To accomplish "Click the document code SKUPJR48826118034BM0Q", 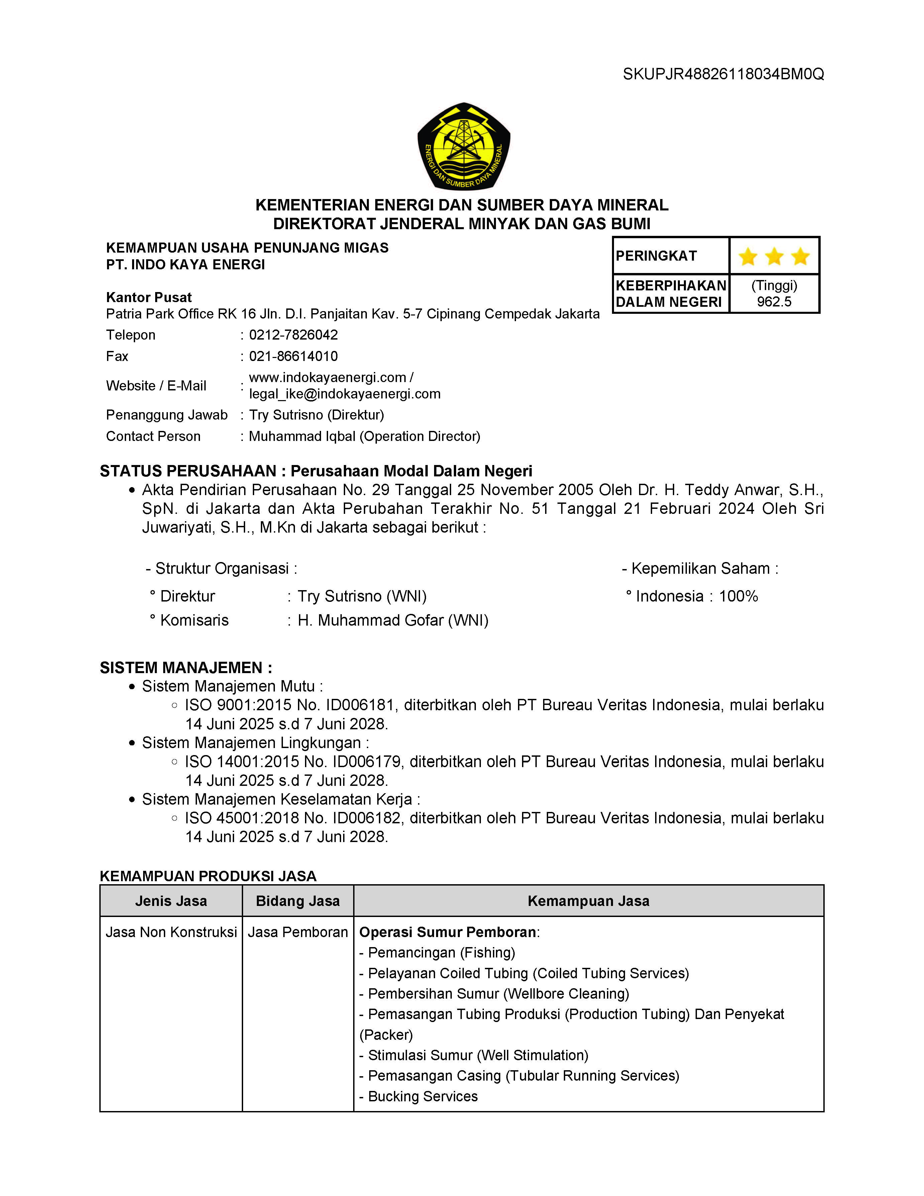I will tap(723, 74).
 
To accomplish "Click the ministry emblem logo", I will tap(464, 146).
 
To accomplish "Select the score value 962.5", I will tap(774, 302).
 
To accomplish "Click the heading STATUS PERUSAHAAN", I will tap(188, 471).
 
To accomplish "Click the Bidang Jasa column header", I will tap(298, 901).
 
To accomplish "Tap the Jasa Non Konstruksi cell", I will tap(171, 932).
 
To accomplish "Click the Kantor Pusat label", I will tap(149, 297).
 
